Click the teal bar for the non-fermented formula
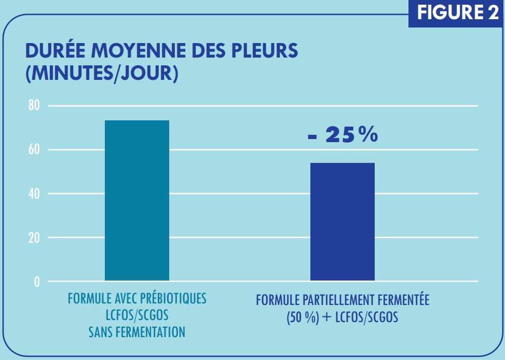click(x=137, y=200)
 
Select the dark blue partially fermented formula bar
click(x=342, y=221)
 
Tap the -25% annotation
click(x=343, y=135)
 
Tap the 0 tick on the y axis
click(x=37, y=282)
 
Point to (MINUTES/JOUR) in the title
click(x=102, y=73)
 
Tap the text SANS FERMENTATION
click(x=137, y=331)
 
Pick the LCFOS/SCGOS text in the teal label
click(x=137, y=315)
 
